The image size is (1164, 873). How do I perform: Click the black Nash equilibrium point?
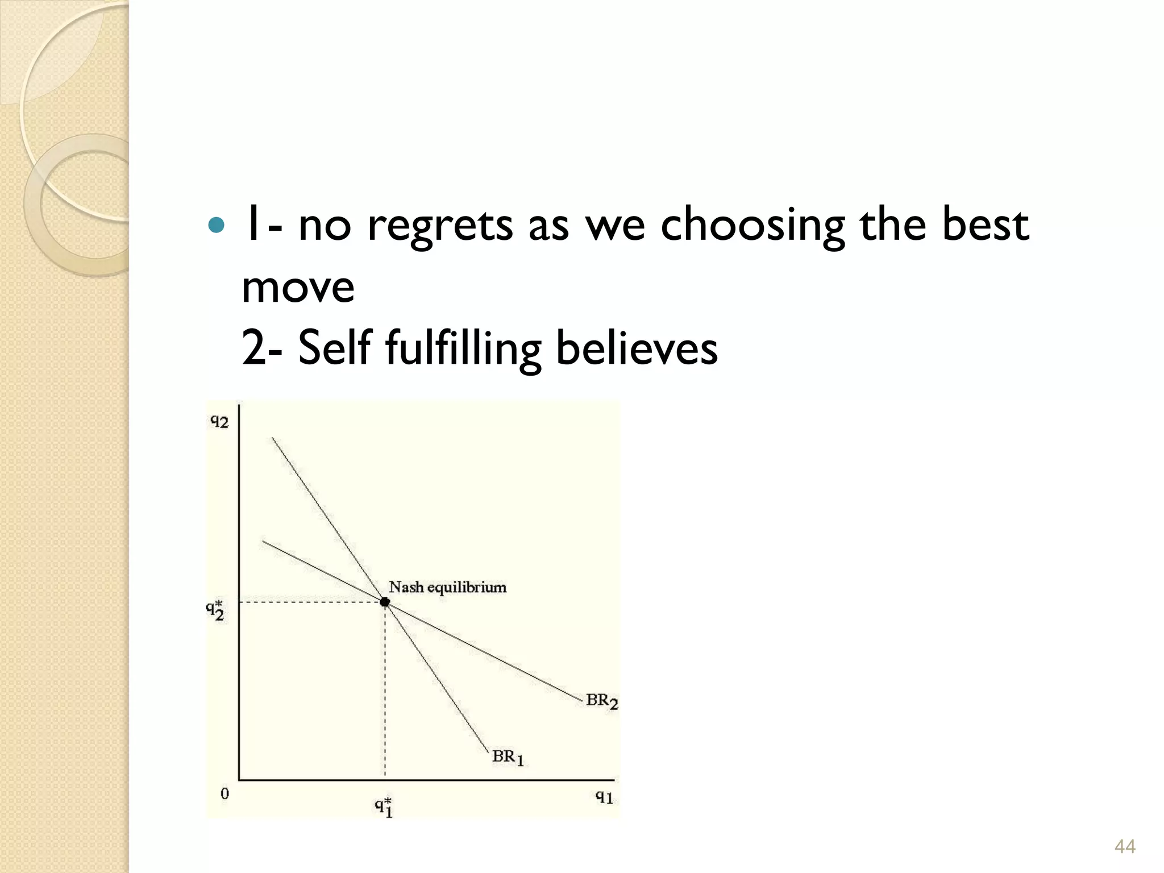(385, 602)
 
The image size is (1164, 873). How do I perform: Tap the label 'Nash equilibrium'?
(447, 587)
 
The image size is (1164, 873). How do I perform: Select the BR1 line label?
(508, 757)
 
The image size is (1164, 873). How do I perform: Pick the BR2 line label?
(601, 701)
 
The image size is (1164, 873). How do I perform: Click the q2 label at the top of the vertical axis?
(219, 421)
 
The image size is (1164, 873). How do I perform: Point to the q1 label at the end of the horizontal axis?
(604, 797)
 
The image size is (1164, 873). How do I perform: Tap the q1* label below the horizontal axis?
(384, 807)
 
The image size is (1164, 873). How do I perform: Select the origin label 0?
(225, 794)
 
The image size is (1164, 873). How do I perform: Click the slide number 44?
(1125, 846)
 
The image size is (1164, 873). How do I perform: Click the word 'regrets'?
(440, 226)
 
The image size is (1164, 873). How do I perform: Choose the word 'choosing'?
(752, 225)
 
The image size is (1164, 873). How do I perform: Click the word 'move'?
(298, 287)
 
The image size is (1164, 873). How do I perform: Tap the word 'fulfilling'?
(463, 348)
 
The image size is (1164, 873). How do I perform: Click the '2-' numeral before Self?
(261, 348)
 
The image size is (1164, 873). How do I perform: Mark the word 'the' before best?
(894, 223)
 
